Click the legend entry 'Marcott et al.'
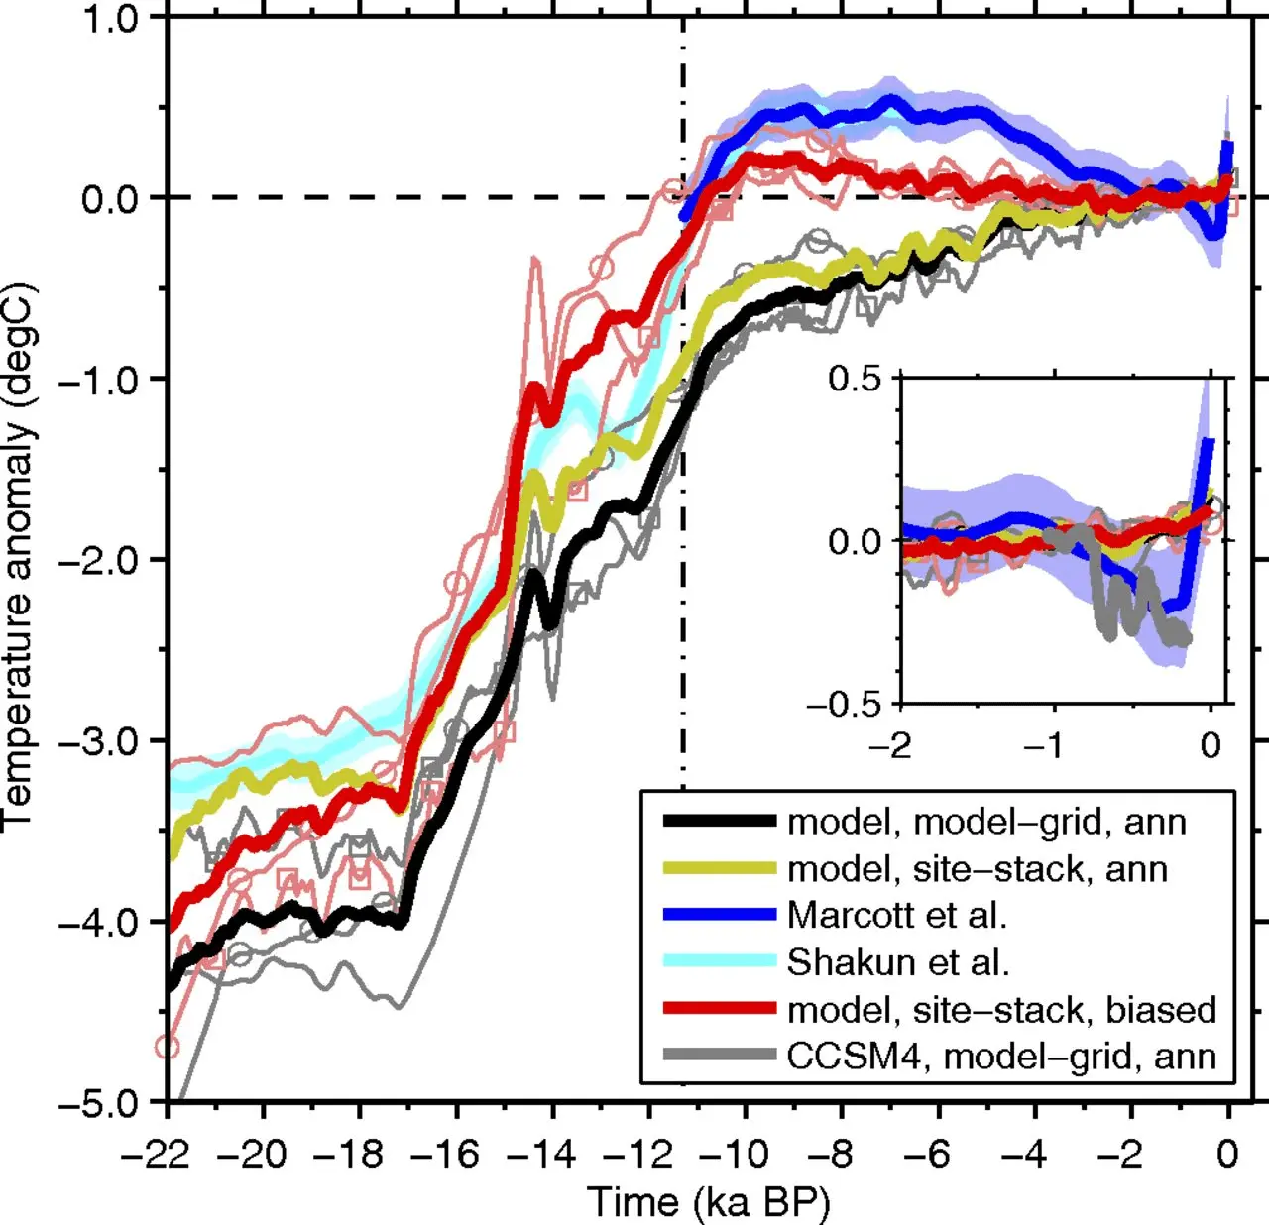click(x=896, y=915)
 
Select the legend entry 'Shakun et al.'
click(x=897, y=961)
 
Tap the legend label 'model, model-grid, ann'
click(x=986, y=822)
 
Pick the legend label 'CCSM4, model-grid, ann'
click(x=1001, y=1057)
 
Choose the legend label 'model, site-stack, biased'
click(x=1001, y=1010)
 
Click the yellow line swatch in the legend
click(x=719, y=868)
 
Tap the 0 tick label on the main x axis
click(x=1227, y=1154)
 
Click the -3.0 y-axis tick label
click(x=98, y=741)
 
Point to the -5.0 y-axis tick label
click(x=98, y=1102)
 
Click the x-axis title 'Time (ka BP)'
click(x=709, y=1202)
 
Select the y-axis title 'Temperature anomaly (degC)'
click(x=20, y=555)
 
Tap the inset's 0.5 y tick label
click(x=855, y=379)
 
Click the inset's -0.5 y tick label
click(x=844, y=705)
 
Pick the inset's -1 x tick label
click(x=1050, y=744)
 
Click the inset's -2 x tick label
click(x=889, y=744)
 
